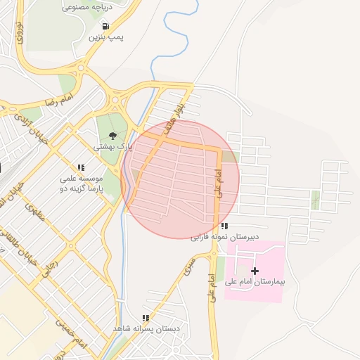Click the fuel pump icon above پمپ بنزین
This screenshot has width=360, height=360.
[x=105, y=27]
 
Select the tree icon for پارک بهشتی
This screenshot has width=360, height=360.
[x=112, y=136]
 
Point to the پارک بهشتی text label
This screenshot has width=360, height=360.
[x=113, y=148]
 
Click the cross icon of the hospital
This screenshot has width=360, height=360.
[x=255, y=271]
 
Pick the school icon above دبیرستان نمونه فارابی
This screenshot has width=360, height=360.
[x=224, y=226]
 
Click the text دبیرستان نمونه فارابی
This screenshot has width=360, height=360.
[x=224, y=237]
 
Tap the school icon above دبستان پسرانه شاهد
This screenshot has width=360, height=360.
[x=146, y=318]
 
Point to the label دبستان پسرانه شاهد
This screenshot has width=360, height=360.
[x=147, y=329]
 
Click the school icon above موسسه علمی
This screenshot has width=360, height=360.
[x=81, y=167]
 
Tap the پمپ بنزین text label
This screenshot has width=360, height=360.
[x=105, y=37]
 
